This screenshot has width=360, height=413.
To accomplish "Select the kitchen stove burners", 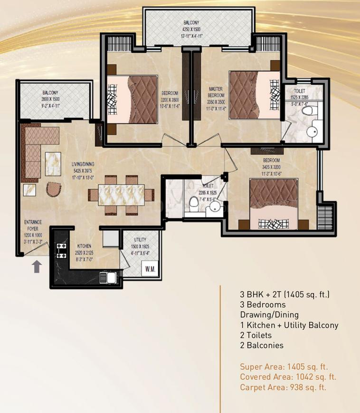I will [61, 250].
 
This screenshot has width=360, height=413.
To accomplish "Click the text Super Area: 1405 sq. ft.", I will [284, 366].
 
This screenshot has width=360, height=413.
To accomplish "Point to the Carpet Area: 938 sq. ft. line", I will [283, 387].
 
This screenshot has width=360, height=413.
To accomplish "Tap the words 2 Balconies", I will [261, 346].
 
